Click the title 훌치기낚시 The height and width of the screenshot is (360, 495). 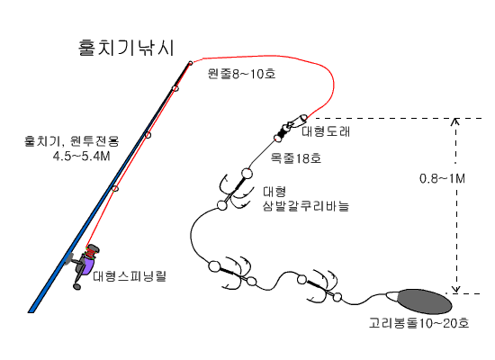click(x=126, y=48)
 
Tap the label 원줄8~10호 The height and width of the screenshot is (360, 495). click(x=241, y=74)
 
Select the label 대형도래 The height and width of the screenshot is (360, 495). click(x=326, y=131)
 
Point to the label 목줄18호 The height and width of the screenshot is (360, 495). click(x=296, y=157)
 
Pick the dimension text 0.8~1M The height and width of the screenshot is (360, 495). click(x=442, y=179)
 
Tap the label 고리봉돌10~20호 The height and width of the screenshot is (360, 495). click(x=418, y=323)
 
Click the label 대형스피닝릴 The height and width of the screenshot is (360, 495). click(x=130, y=276)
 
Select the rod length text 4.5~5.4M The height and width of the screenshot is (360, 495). click(x=81, y=157)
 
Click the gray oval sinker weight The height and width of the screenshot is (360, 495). click(x=425, y=301)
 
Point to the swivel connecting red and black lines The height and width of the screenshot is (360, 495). click(x=290, y=127)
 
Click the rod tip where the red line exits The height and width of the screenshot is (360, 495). click(x=191, y=63)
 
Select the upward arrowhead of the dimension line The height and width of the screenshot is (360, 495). click(x=456, y=121)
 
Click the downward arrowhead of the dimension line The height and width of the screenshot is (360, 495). click(x=456, y=290)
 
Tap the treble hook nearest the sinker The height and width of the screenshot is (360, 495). click(x=320, y=287)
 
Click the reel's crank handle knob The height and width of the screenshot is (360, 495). click(x=76, y=286)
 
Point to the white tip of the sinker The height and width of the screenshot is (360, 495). click(x=391, y=296)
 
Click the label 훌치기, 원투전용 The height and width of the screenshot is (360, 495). click(x=72, y=140)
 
